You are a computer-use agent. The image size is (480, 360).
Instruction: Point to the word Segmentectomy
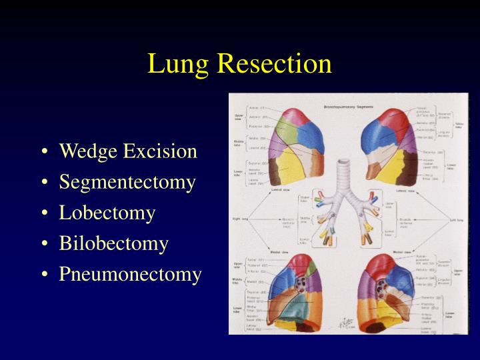[127, 182]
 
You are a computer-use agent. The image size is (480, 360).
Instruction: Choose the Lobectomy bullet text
[107, 213]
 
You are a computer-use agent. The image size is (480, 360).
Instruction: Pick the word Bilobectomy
[114, 243]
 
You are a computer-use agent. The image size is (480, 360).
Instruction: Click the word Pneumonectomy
[131, 274]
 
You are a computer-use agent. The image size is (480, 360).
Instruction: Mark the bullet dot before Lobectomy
[44, 213]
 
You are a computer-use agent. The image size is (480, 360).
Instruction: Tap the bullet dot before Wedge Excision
[44, 152]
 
